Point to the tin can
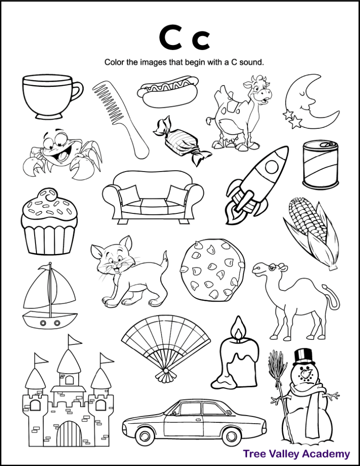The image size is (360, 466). (x=320, y=165)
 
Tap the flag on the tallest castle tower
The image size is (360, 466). (x=75, y=340)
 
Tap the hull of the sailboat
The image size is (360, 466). (x=50, y=319)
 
